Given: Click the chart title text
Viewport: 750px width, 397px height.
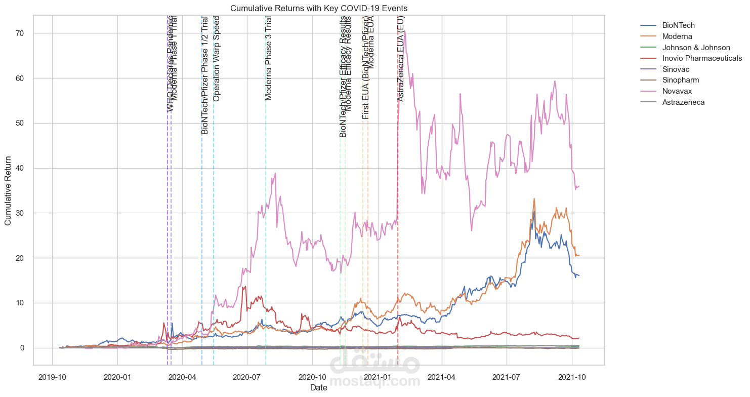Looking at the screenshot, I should click(x=319, y=9).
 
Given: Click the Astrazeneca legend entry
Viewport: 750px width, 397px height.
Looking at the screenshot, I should click(x=683, y=102).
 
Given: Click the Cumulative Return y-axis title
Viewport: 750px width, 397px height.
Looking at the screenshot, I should click(x=9, y=190).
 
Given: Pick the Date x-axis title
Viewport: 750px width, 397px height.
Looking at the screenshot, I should click(x=319, y=388).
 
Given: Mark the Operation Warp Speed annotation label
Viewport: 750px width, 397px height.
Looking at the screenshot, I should click(x=217, y=60).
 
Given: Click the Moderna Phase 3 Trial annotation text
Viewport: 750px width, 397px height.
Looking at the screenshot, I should click(x=269, y=58).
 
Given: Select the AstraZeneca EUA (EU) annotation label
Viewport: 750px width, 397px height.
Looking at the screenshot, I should click(x=401, y=58).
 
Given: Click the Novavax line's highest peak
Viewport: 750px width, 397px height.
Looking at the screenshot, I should click(x=405, y=31).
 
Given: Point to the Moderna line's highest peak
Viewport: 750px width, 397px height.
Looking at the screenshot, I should click(x=534, y=198).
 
